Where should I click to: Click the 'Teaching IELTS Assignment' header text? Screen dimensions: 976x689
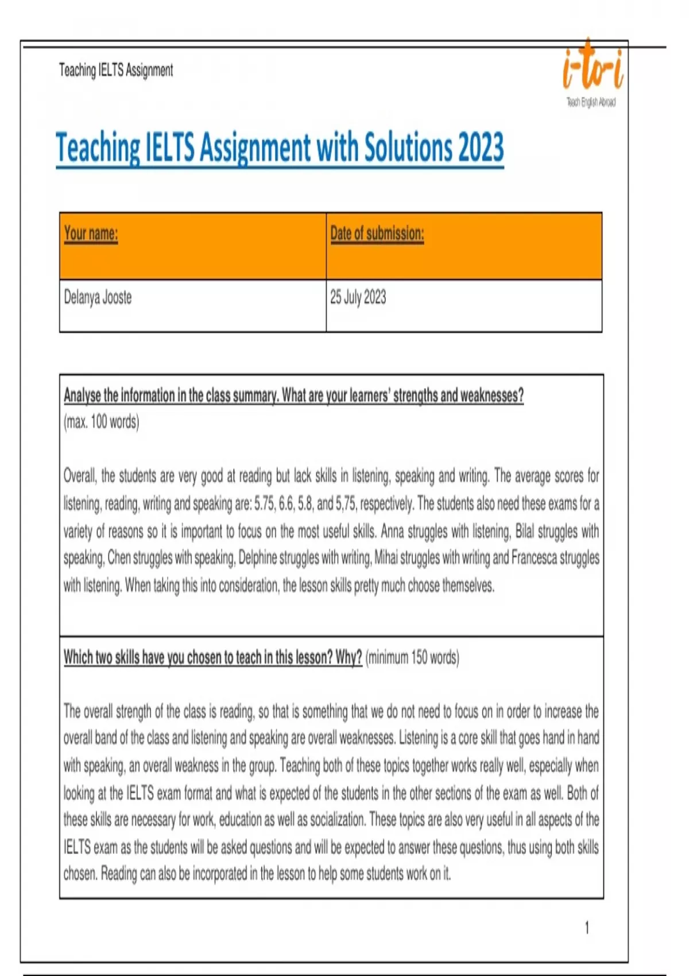click(x=115, y=71)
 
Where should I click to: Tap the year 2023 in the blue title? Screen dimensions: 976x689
click(x=481, y=147)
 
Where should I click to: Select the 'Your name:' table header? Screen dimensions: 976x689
click(x=91, y=233)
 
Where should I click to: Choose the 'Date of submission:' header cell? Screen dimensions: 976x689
click(x=377, y=233)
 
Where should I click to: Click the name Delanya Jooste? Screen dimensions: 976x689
click(x=98, y=297)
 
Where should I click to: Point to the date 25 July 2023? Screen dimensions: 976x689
click(x=358, y=297)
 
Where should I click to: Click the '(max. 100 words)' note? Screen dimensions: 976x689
click(x=101, y=422)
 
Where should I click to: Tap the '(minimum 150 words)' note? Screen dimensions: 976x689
click(x=412, y=657)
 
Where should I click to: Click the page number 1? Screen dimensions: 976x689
click(x=586, y=927)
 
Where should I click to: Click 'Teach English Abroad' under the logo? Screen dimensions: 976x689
click(x=591, y=102)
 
